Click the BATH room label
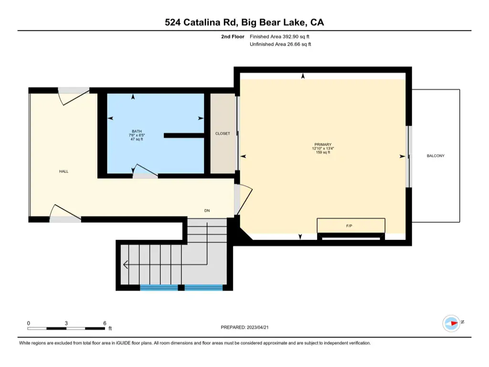click(137, 131)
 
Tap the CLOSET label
click(223, 134)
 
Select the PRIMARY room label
click(323, 144)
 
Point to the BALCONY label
click(436, 156)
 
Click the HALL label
click(64, 172)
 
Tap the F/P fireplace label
click(349, 226)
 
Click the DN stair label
click(207, 211)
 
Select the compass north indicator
click(452, 324)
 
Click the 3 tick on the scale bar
click(66, 324)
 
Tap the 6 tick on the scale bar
click(105, 324)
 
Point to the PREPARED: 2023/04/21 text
click(244, 327)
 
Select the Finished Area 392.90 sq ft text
click(279, 36)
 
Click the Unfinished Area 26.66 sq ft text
click(280, 44)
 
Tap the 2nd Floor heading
click(233, 36)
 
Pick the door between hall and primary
click(243, 200)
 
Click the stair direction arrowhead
click(126, 265)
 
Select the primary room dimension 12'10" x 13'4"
click(323, 149)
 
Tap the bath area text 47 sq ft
click(137, 139)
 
